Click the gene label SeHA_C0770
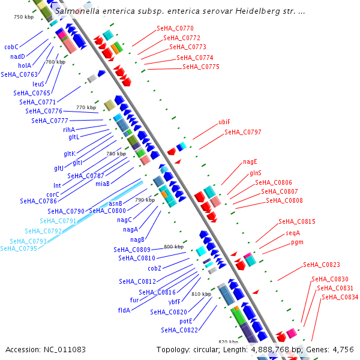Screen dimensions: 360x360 175,28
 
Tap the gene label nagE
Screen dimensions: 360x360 250,161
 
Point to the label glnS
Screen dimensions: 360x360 255,173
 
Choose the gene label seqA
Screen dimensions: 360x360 293,233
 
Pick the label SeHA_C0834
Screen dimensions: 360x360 340,297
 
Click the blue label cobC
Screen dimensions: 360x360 11,47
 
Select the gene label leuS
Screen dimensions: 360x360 38,84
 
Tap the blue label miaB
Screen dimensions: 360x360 103,184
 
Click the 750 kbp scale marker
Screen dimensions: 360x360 24,17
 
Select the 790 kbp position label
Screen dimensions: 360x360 145,200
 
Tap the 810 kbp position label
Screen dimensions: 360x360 201,294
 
